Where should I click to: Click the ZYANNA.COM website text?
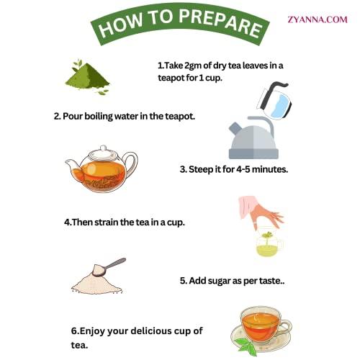[x=318, y=19]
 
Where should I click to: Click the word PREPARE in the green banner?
[x=220, y=22]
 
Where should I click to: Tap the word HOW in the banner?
[x=121, y=25]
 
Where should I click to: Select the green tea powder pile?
[x=88, y=76]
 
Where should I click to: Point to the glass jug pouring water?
[x=274, y=100]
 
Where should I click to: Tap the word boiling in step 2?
[x=99, y=117]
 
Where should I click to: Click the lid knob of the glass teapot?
[x=103, y=148]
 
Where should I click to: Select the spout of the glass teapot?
[x=71, y=165]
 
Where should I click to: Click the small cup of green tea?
[x=269, y=244]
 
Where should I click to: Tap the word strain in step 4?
[x=106, y=222]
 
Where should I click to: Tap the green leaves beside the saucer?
[x=246, y=346]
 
